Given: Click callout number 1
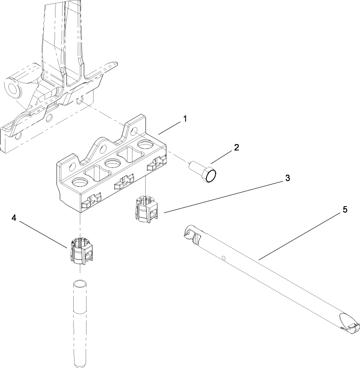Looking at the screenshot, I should tap(185, 119).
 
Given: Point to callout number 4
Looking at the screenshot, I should tap(14, 218).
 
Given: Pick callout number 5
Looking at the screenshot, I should tap(344, 210).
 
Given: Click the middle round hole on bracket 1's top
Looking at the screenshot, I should tap(112, 164).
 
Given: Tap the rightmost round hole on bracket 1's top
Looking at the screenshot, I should tap(145, 145).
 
